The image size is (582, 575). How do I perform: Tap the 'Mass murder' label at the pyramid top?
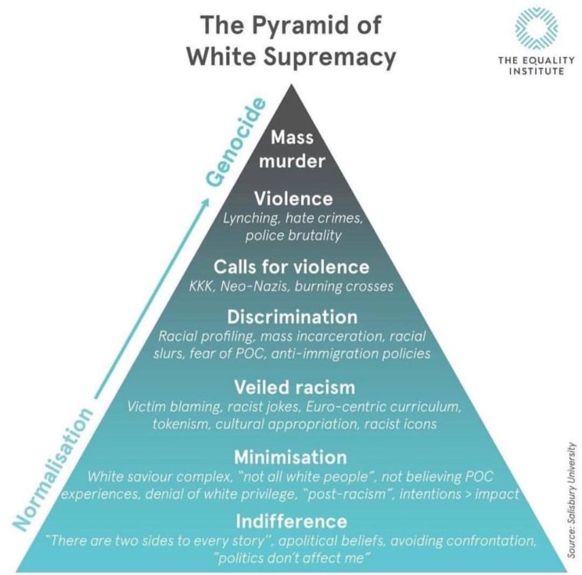(x=291, y=150)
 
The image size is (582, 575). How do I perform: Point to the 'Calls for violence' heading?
(x=291, y=267)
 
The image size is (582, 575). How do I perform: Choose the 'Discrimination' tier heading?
(x=291, y=316)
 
